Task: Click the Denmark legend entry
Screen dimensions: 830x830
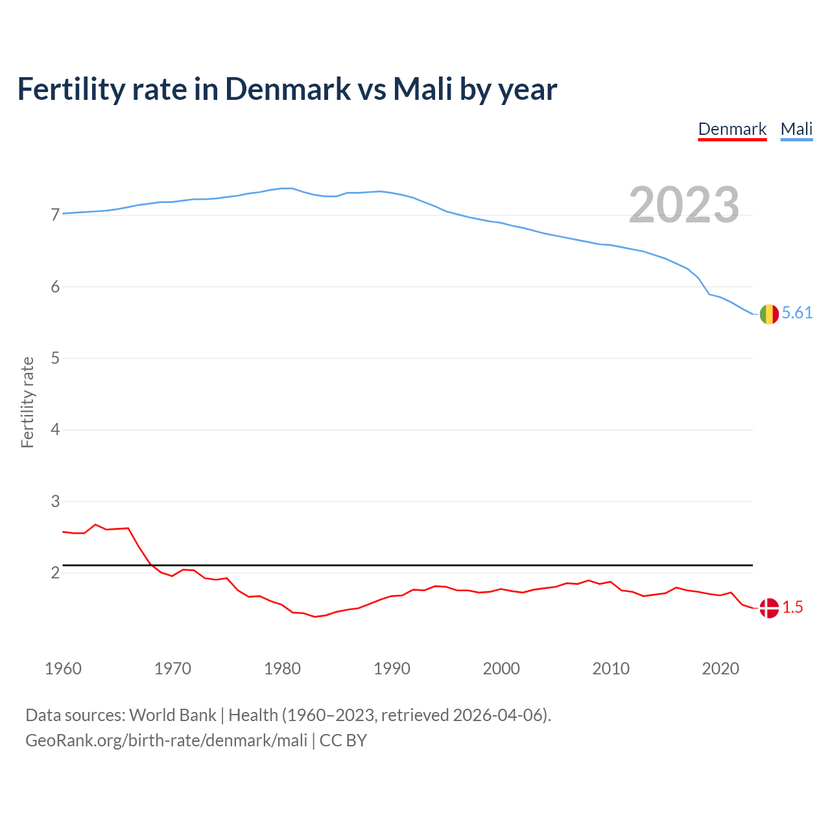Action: [732, 129]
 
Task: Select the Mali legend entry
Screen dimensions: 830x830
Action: [796, 129]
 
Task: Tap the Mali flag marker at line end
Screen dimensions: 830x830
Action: [769, 314]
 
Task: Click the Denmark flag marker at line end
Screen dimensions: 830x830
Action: [769, 608]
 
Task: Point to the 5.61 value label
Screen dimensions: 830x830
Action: [797, 313]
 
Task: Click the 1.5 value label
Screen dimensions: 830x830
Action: [792, 608]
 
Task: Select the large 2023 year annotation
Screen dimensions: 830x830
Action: [683, 205]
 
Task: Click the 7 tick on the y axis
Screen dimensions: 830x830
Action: [55, 215]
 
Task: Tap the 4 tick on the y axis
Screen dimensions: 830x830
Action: [55, 429]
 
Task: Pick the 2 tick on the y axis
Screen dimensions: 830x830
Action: [55, 573]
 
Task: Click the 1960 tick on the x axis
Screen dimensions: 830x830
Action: [63, 669]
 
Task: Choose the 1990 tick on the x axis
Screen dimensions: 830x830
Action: [392, 669]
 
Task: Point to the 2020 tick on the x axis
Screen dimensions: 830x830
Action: [720, 669]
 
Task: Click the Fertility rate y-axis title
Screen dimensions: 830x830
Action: [27, 402]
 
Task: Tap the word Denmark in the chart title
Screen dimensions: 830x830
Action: [287, 89]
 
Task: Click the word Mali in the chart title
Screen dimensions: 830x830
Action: [422, 89]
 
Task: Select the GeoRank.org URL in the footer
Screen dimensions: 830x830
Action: [166, 741]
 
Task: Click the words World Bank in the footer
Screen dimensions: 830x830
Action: [172, 715]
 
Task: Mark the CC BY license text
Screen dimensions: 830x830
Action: [343, 741]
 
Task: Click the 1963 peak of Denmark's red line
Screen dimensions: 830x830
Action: [95, 525]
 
